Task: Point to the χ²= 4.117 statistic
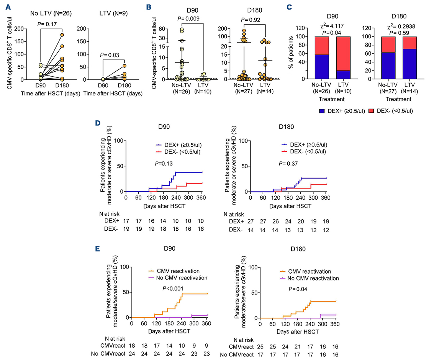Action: point(323,27)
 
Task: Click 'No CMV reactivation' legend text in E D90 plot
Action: point(183,277)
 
